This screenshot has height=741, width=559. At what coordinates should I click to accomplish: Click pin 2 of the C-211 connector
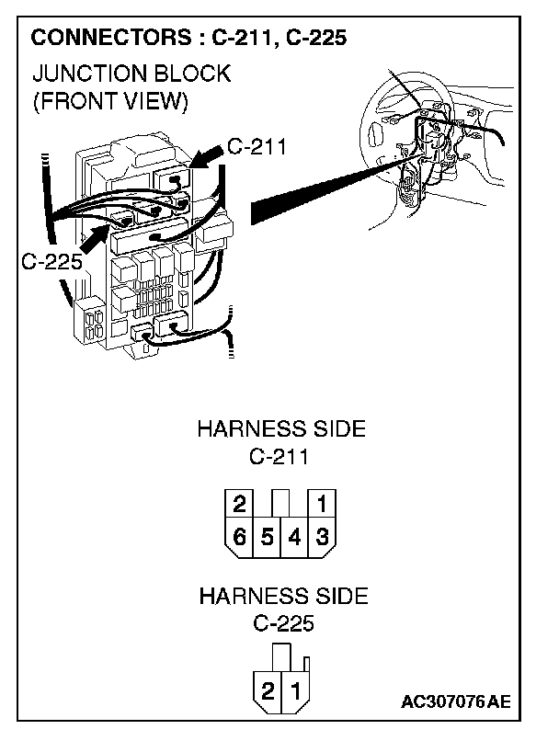[240, 505]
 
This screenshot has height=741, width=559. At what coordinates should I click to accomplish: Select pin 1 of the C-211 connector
[323, 505]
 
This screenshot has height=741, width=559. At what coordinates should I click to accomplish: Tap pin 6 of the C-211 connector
[240, 536]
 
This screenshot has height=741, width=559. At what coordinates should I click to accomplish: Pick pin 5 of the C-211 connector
[268, 536]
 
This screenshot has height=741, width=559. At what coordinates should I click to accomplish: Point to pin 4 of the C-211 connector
[295, 536]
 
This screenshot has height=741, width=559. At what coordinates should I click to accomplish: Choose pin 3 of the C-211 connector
[323, 536]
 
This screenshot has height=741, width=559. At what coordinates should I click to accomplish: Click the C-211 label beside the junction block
[258, 147]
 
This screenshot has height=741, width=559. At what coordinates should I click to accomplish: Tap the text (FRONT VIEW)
[110, 101]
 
